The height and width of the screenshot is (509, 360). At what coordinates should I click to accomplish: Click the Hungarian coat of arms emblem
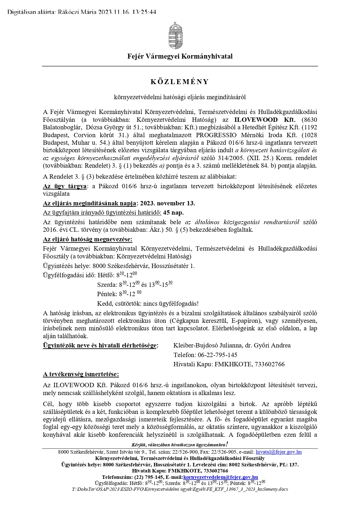pyautogui.click(x=176, y=35)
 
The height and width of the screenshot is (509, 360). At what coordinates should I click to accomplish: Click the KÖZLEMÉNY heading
pyautogui.click(x=180, y=82)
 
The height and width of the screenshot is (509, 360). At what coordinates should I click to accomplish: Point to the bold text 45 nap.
pyautogui.click(x=173, y=213)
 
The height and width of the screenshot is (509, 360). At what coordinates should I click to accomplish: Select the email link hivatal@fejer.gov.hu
pyautogui.click(x=278, y=452)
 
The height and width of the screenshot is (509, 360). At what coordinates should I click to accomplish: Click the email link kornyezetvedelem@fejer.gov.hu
pyautogui.click(x=220, y=477)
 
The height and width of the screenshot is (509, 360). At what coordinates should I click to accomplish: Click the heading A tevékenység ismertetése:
pyautogui.click(x=81, y=374)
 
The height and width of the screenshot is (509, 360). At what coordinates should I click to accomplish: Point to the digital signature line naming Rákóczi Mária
pyautogui.click(x=82, y=12)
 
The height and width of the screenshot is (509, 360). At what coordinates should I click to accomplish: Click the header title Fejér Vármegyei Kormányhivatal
pyautogui.click(x=180, y=56)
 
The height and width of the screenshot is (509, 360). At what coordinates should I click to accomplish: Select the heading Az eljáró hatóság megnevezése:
pyautogui.click(x=88, y=239)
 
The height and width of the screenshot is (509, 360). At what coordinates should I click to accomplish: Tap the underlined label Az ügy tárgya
pyautogui.click(x=64, y=186)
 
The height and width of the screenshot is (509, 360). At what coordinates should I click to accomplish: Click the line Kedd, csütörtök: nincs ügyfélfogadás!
pyautogui.click(x=148, y=304)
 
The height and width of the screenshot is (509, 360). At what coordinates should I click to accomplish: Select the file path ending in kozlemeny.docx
pyautogui.click(x=180, y=489)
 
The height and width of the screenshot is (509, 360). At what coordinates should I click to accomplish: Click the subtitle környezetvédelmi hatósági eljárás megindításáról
pyautogui.click(x=180, y=97)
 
